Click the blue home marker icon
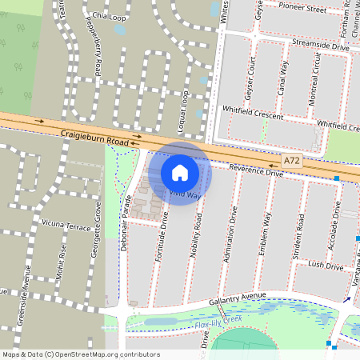(180, 172)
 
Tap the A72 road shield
(293, 161)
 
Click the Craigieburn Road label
(97, 141)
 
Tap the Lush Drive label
(325, 265)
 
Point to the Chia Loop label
(110, 16)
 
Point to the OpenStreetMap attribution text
(80, 354)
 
